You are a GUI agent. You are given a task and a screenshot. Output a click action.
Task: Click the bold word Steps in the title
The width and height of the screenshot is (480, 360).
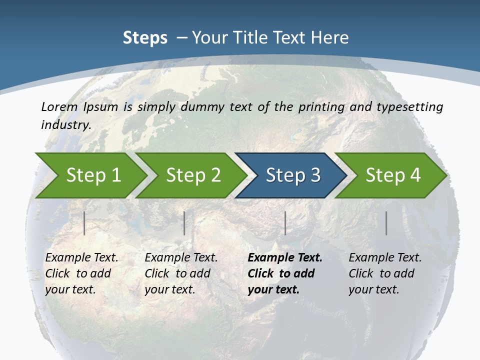tap(145, 38)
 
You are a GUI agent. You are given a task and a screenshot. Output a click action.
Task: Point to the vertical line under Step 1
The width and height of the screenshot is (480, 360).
tap(84, 223)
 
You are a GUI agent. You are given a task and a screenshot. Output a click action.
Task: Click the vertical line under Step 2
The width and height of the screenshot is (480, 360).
tap(184, 223)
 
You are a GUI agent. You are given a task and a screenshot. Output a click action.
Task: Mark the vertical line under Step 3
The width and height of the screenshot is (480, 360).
tap(285, 223)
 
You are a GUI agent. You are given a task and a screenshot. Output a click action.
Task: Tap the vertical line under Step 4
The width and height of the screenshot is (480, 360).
tap(386, 223)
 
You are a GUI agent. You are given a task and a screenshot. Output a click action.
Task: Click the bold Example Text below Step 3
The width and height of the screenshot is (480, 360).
tap(285, 258)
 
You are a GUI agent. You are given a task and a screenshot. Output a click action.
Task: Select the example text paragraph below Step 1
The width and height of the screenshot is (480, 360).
tap(81, 273)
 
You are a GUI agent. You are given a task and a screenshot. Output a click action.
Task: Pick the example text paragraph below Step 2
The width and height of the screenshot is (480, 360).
tap(181, 273)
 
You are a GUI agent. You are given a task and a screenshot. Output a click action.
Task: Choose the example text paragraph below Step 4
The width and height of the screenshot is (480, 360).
tap(385, 273)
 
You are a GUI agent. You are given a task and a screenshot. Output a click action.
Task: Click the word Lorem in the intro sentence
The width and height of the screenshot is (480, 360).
tap(59, 107)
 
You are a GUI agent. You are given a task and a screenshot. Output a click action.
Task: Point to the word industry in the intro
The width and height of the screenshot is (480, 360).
tap(65, 125)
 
